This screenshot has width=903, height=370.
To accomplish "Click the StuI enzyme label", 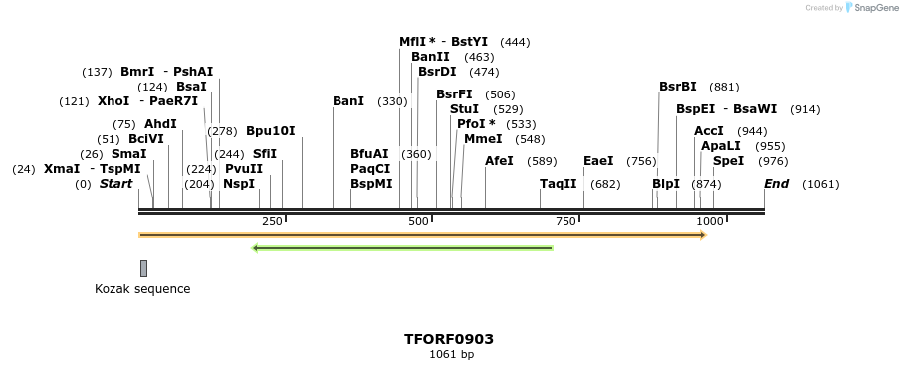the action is tap(464, 108).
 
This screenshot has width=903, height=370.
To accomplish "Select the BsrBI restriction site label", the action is tap(678, 87).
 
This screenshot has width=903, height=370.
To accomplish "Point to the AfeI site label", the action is tap(499, 161).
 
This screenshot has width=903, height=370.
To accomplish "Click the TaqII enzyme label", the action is tap(558, 184).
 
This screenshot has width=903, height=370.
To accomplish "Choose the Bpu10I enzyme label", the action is tap(271, 131).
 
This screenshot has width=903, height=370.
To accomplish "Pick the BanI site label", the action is tap(348, 101).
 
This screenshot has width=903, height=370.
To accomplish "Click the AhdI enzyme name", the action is tap(159, 124).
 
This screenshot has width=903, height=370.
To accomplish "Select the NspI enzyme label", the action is tap(239, 184).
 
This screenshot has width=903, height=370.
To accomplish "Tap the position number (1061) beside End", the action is tap(820, 184).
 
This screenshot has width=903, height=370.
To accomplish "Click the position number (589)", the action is tap(542, 161).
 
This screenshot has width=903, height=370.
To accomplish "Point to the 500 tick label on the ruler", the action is tap(418, 221).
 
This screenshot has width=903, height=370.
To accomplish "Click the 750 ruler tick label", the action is tap(566, 221).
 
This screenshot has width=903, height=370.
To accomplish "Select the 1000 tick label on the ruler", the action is tap(710, 221).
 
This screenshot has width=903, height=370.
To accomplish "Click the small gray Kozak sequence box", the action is tap(143, 268).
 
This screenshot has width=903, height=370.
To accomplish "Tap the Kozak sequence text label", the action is tap(142, 289).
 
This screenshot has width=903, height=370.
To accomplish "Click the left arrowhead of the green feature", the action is tap(257, 248).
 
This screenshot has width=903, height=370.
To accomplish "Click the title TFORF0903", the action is tap(448, 339).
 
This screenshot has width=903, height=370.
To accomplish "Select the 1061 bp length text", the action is tap(451, 355).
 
